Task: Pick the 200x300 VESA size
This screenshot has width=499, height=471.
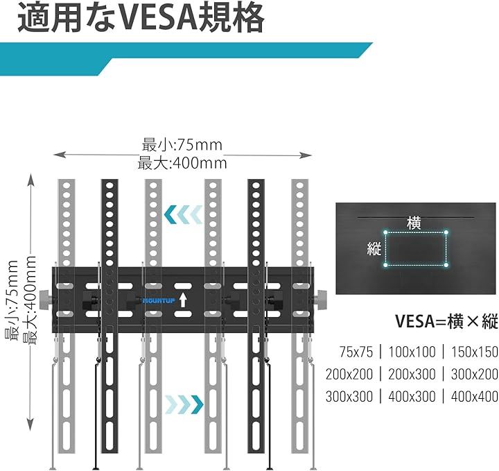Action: (x=412, y=373)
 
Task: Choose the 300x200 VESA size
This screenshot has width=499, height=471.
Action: (x=474, y=373)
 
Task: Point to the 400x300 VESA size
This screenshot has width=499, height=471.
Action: (x=412, y=396)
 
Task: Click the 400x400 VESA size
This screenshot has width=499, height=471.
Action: (x=474, y=396)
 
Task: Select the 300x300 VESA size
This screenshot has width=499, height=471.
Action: (x=349, y=396)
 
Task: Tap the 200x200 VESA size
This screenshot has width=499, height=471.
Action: (x=349, y=373)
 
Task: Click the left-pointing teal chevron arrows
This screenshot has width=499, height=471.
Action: (x=184, y=216)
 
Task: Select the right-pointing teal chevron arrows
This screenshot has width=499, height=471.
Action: (x=183, y=402)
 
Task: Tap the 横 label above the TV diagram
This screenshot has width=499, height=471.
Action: (x=414, y=223)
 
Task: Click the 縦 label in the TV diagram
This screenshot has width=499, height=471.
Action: (x=374, y=248)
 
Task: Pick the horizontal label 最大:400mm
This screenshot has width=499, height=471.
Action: (x=183, y=164)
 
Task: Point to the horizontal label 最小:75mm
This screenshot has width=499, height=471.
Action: (x=182, y=145)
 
